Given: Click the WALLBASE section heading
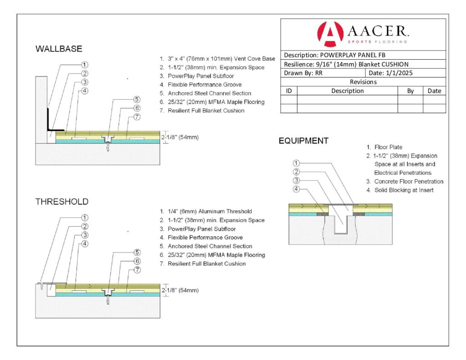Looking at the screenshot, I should click(x=59, y=49).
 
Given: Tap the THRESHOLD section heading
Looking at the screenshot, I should click(x=62, y=202).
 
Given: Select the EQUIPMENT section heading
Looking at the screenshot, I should click(x=303, y=141).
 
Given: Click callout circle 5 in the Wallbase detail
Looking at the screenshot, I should click(x=137, y=100).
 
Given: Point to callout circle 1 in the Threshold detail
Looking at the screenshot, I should click(x=85, y=218).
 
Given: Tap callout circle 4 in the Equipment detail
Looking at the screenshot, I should click(x=296, y=189).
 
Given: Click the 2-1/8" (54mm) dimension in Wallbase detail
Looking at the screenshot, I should click(x=180, y=137).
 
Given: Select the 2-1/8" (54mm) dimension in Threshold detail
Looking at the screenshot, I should click(x=180, y=290).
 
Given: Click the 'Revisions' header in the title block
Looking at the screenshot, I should click(x=363, y=82).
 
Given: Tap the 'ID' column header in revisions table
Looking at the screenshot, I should click(x=289, y=91).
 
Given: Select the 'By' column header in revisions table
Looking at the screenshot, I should click(x=410, y=91).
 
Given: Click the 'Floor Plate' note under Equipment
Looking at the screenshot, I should click(x=388, y=147).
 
